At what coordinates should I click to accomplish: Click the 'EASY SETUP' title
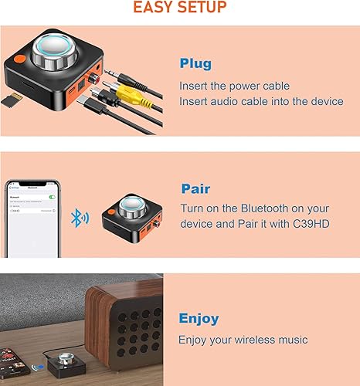180,8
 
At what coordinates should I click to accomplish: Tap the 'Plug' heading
195,63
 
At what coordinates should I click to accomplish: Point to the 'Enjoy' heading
199,318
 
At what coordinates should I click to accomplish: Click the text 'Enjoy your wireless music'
243,340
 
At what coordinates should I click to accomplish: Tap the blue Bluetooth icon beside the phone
75,217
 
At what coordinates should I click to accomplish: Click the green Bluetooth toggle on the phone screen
52,198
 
